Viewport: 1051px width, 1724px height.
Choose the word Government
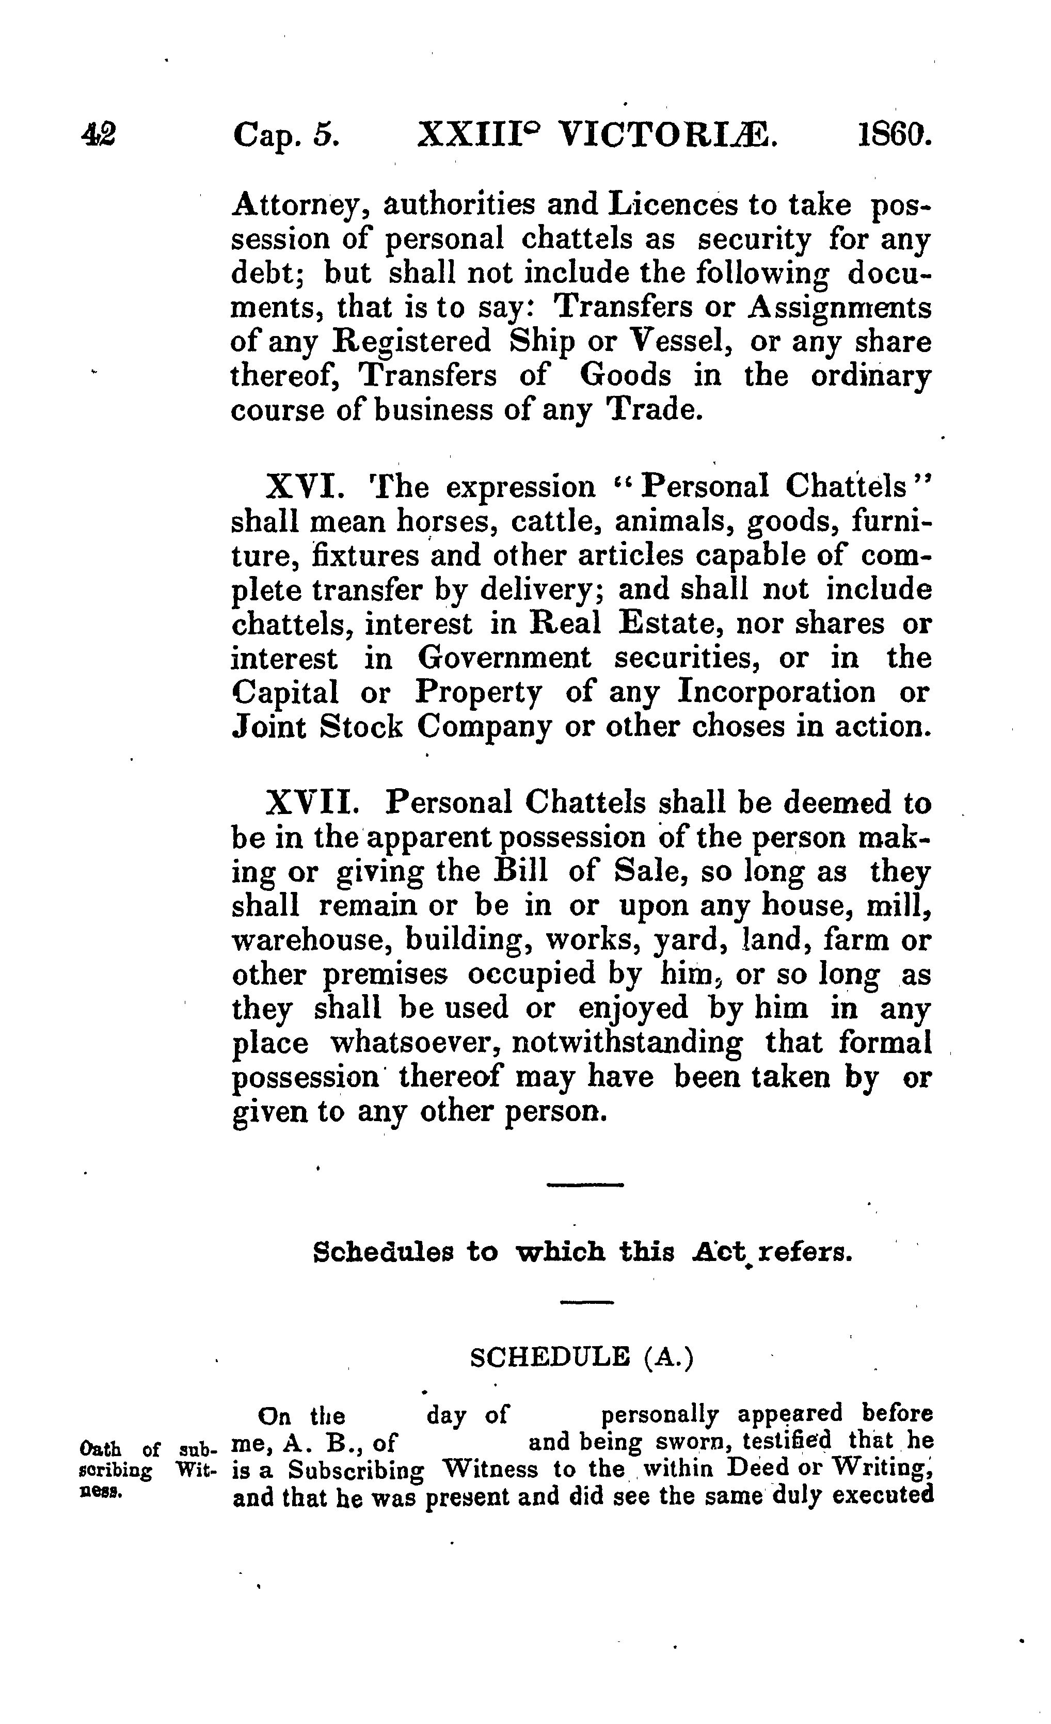(x=504, y=659)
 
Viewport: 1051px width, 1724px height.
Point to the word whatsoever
(x=415, y=1044)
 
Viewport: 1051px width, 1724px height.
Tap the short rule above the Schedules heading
(x=584, y=1185)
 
